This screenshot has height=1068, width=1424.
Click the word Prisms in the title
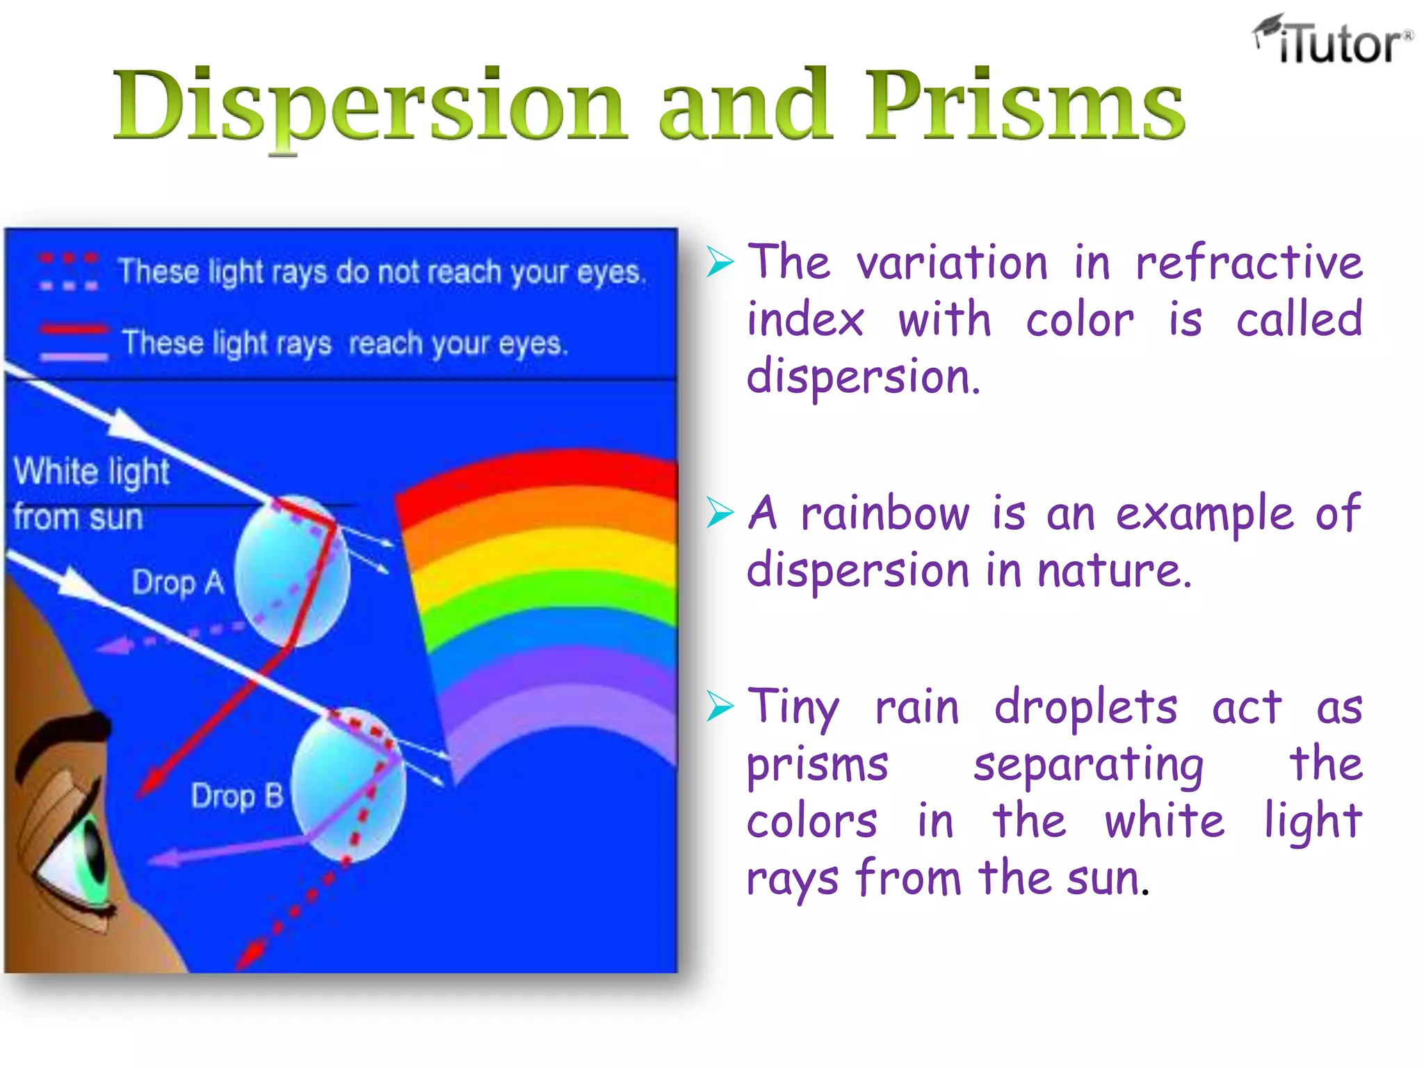click(1024, 104)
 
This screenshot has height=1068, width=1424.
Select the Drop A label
click(178, 582)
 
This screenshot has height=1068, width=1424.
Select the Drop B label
click(237, 795)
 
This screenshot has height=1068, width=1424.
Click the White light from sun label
click(90, 494)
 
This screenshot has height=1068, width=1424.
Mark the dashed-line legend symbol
click(68, 272)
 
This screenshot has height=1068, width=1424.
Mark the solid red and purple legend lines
click(74, 342)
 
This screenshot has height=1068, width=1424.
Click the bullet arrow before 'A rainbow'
click(720, 513)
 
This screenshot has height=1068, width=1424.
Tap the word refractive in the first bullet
click(1248, 263)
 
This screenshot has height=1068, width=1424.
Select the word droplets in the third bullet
click(1085, 707)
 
